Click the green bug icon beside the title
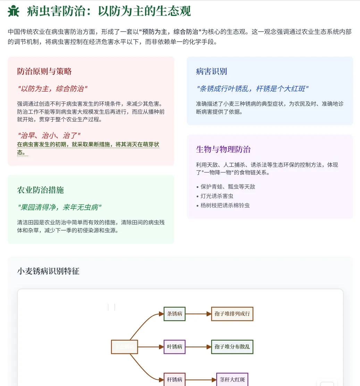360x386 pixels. (x=14, y=11)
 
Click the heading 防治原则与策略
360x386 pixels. (x=44, y=71)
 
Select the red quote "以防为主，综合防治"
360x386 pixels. (x=52, y=89)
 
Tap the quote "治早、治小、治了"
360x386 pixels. (x=49, y=135)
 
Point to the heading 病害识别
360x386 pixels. (x=211, y=71)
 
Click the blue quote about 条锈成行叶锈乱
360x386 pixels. (x=252, y=89)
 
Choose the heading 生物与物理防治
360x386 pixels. (x=223, y=149)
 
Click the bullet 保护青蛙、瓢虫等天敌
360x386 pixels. (x=228, y=187)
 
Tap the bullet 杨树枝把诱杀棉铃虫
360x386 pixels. (x=225, y=205)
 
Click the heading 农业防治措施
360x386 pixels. (x=41, y=190)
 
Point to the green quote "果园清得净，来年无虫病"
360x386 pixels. (x=59, y=207)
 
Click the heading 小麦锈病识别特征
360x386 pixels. (x=48, y=271)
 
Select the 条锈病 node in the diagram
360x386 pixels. (x=175, y=314)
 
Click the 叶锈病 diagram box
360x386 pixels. (x=175, y=346)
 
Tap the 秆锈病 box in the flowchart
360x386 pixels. (x=175, y=379)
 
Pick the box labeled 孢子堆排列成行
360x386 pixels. (x=232, y=314)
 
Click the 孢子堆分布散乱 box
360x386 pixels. (x=232, y=346)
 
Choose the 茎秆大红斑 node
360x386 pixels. (x=232, y=379)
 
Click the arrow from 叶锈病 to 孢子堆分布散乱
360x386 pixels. (x=198, y=346)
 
